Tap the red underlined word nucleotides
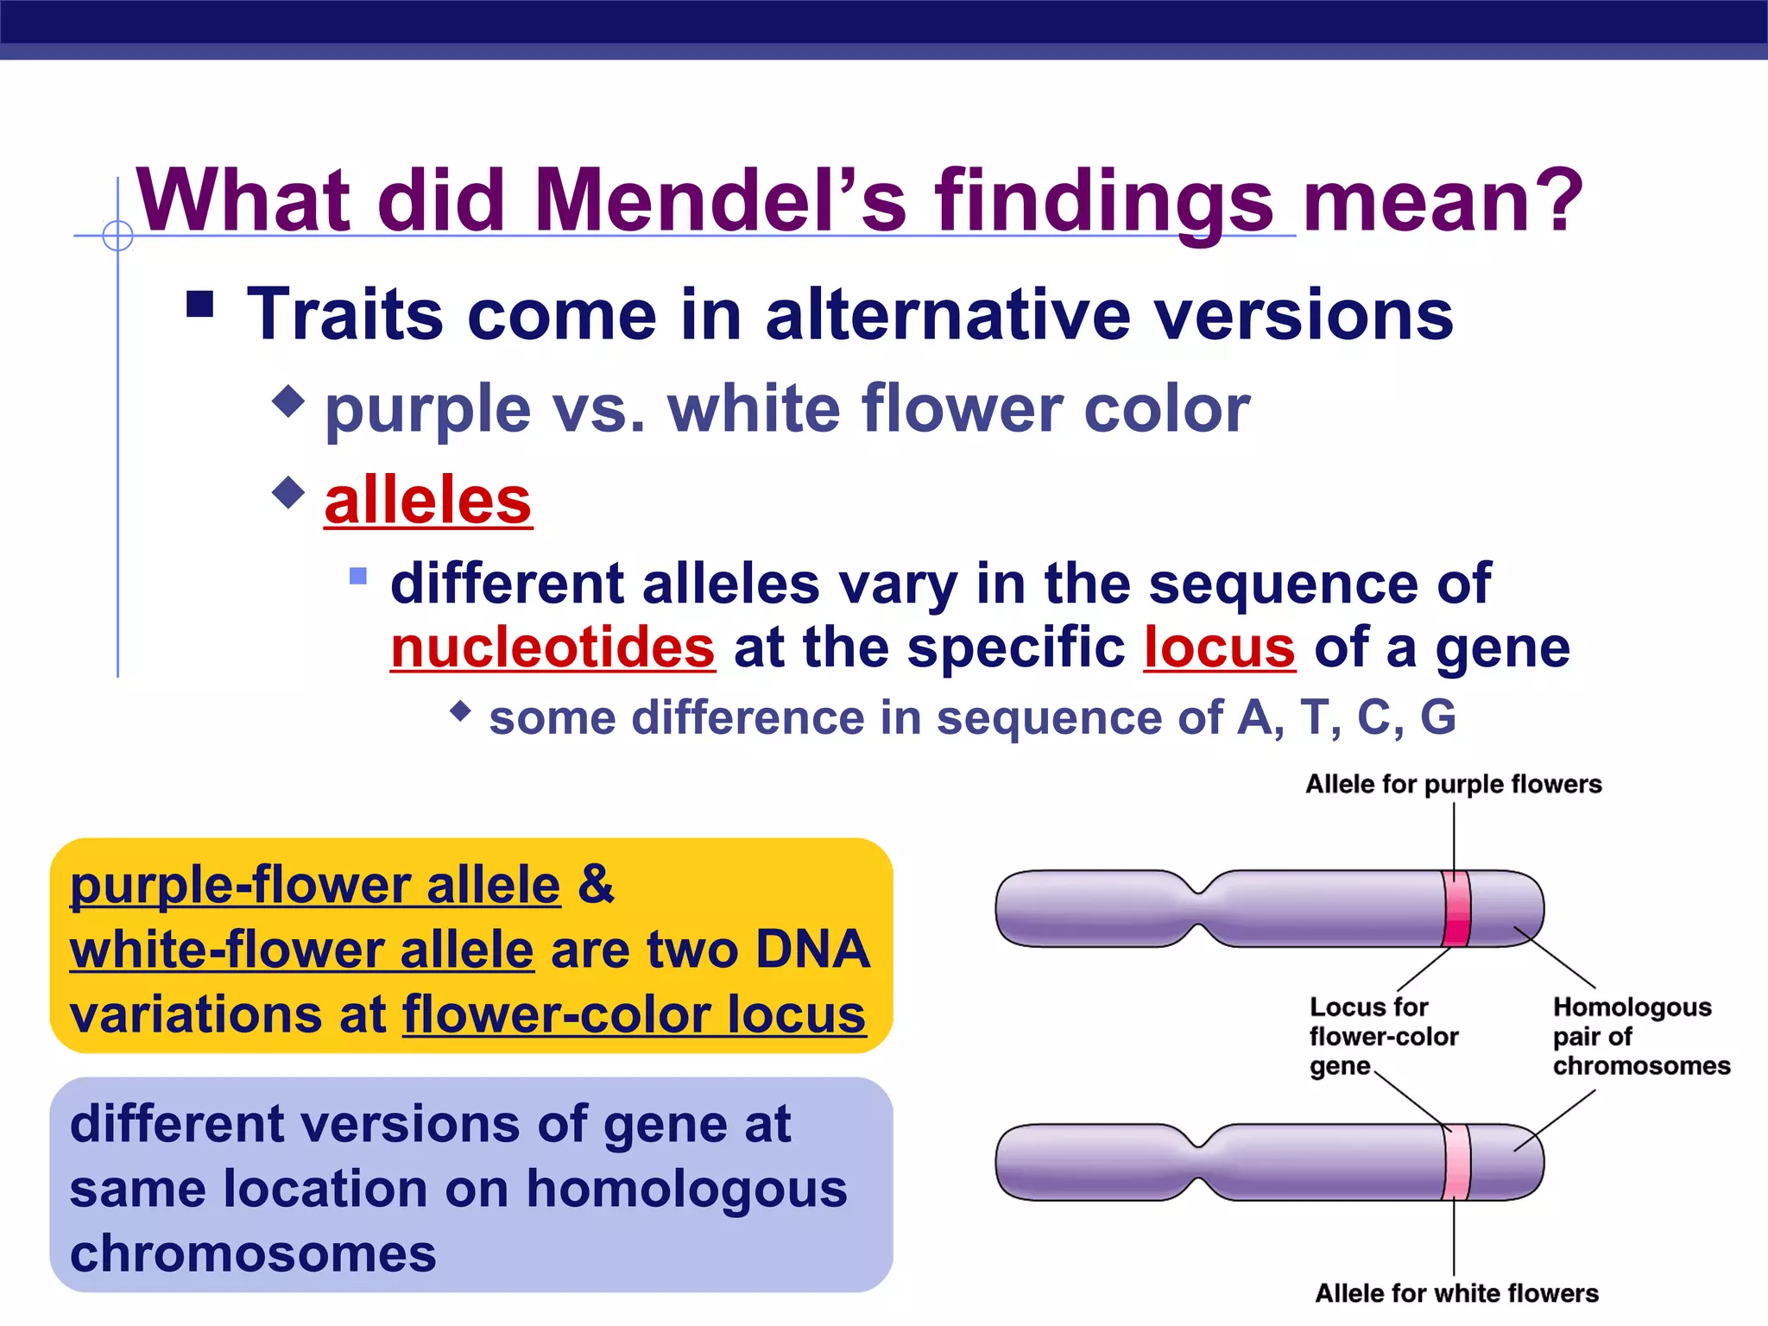coord(552,647)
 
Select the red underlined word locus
coord(1219,647)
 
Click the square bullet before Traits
coord(200,304)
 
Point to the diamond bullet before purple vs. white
coord(288,401)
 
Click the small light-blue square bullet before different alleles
coord(358,576)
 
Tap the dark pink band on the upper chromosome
coord(1455,910)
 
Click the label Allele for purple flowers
coord(1453,784)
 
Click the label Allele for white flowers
coord(1456,1293)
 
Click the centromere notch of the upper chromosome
coord(1200,908)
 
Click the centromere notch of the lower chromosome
coord(1200,1162)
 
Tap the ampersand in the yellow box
coord(596,884)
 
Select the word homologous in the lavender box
coord(686,1189)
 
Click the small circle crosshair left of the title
coord(117,235)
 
